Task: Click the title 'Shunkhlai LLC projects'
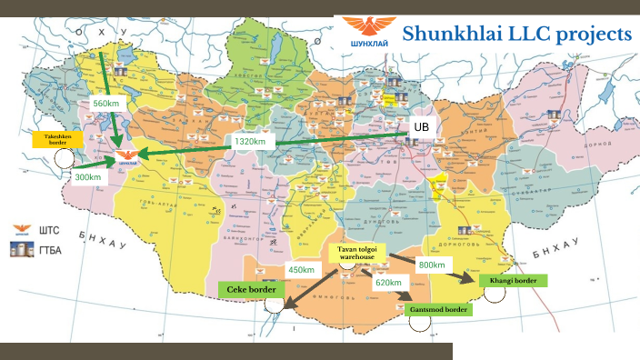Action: pyautogui.click(x=516, y=34)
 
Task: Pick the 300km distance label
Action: pyautogui.click(x=89, y=176)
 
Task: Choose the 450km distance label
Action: pyautogui.click(x=301, y=269)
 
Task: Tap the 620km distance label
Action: pyautogui.click(x=388, y=283)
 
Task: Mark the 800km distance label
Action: pyautogui.click(x=432, y=265)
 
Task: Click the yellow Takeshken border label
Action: pyautogui.click(x=57, y=139)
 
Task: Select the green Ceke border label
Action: pyautogui.click(x=250, y=289)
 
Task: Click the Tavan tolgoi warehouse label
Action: pyautogui.click(x=356, y=252)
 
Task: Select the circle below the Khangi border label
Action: pyautogui.click(x=495, y=296)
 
